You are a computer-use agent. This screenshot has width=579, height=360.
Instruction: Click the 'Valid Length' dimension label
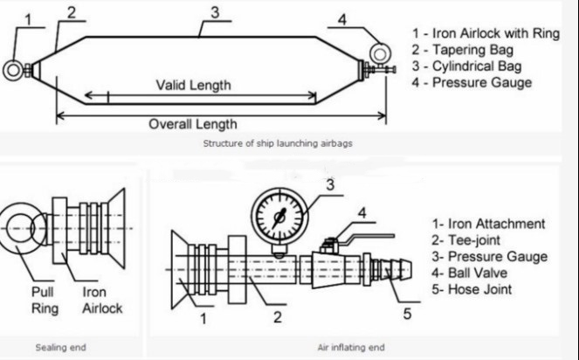point(194,85)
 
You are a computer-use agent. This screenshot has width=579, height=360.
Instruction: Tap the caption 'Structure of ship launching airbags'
point(277,142)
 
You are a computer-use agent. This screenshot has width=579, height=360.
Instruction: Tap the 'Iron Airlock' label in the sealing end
point(102,301)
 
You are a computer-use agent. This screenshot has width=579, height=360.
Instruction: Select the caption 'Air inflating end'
point(350,347)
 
